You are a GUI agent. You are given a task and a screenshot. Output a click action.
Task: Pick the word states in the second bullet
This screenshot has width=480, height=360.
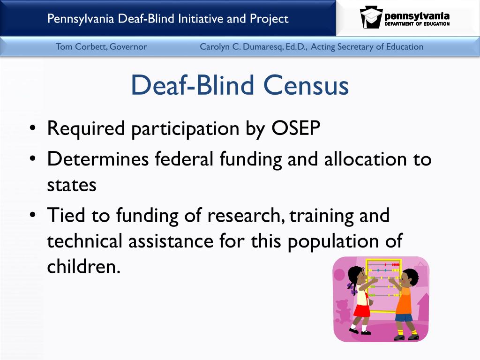point(71,185)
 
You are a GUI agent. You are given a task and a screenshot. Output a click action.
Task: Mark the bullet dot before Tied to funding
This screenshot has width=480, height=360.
point(32,216)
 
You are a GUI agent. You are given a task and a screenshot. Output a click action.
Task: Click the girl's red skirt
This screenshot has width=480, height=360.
point(361,310)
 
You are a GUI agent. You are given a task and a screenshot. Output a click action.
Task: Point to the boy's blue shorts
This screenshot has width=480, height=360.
point(403,318)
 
